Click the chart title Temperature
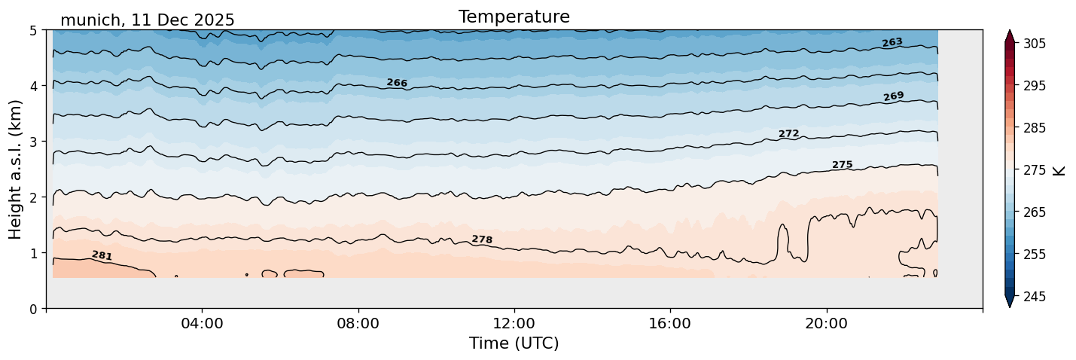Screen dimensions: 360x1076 (x=514, y=17)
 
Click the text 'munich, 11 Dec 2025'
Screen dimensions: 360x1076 (x=147, y=20)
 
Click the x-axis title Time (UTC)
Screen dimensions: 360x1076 (x=514, y=343)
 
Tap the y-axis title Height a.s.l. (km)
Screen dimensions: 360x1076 (x=16, y=169)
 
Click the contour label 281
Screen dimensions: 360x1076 (x=102, y=256)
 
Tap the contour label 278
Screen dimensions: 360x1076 (x=482, y=239)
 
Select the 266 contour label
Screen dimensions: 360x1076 (x=397, y=83)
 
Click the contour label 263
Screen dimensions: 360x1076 (x=892, y=43)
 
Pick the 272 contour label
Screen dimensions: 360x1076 (x=788, y=134)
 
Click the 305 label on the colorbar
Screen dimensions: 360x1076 (x=1034, y=44)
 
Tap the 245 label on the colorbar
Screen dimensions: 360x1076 (x=1034, y=297)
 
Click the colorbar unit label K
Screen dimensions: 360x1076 (x=1060, y=170)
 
